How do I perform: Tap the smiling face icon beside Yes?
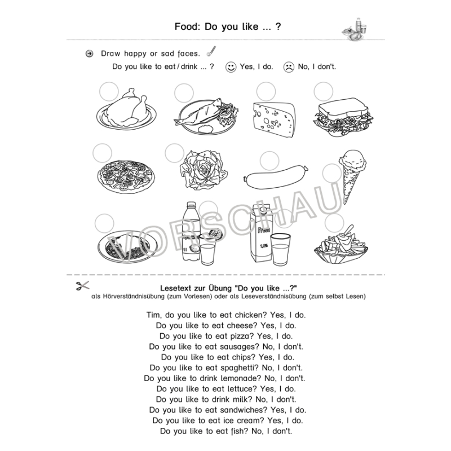231,67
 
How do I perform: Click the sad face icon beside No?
288,67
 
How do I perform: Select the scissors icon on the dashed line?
82,286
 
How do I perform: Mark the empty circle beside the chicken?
108,91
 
